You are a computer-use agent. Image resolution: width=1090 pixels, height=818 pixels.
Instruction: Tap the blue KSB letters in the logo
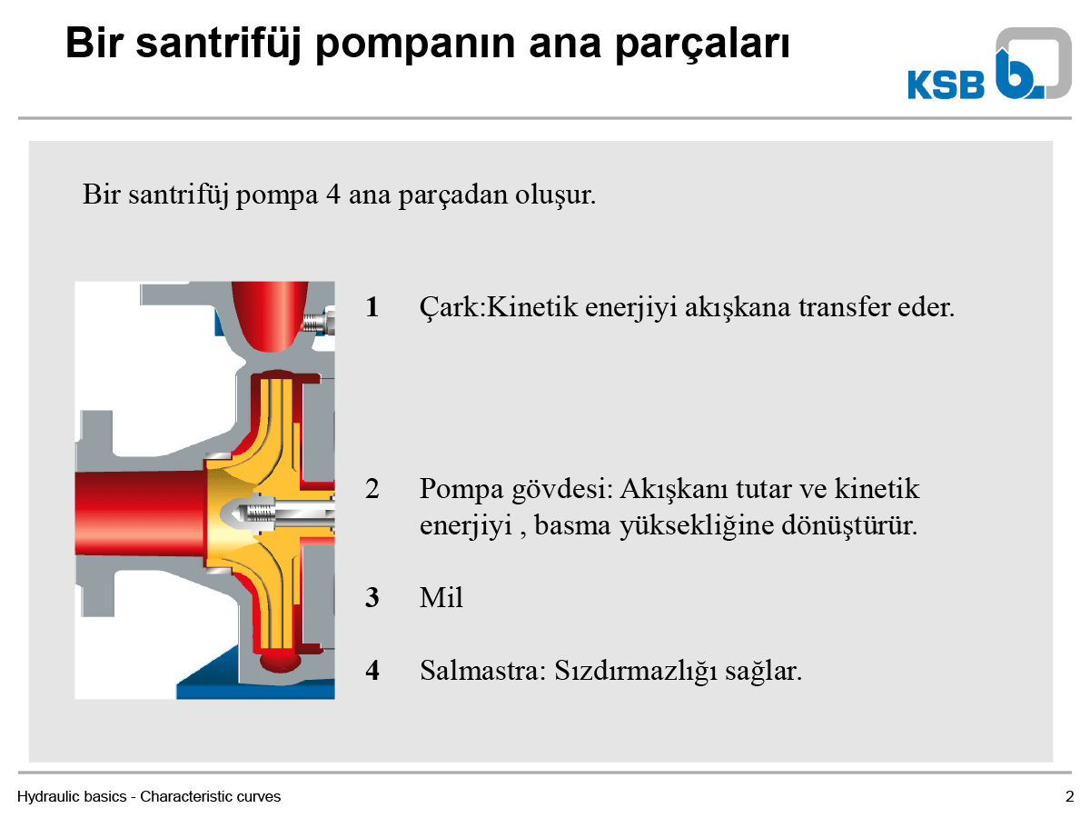pos(946,85)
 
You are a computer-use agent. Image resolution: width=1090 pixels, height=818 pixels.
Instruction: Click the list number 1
pos(372,307)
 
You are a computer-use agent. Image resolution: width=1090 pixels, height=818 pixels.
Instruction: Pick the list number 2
pos(372,489)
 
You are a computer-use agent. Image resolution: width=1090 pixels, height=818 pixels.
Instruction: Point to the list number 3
pos(372,597)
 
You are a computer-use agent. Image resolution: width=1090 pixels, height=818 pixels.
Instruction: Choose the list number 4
pos(372,671)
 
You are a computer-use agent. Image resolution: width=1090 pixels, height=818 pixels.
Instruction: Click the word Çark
pos(450,308)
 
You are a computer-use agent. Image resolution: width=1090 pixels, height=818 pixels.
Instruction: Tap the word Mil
pos(441,597)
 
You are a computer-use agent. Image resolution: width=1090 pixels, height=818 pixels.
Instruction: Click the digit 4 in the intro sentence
pos(333,195)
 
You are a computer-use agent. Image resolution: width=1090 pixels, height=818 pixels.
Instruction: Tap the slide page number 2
pos(1069,797)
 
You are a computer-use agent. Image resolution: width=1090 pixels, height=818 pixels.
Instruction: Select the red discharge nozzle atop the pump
pos(270,316)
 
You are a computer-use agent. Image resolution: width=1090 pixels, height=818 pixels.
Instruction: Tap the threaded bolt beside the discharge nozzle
pos(318,323)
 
